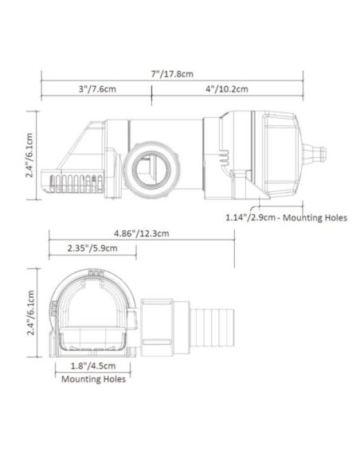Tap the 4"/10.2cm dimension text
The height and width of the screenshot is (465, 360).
point(226,89)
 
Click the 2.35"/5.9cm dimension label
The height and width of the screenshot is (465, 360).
point(93,248)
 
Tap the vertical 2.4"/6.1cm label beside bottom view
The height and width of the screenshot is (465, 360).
point(29,311)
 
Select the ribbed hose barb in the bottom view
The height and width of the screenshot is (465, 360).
point(212,326)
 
